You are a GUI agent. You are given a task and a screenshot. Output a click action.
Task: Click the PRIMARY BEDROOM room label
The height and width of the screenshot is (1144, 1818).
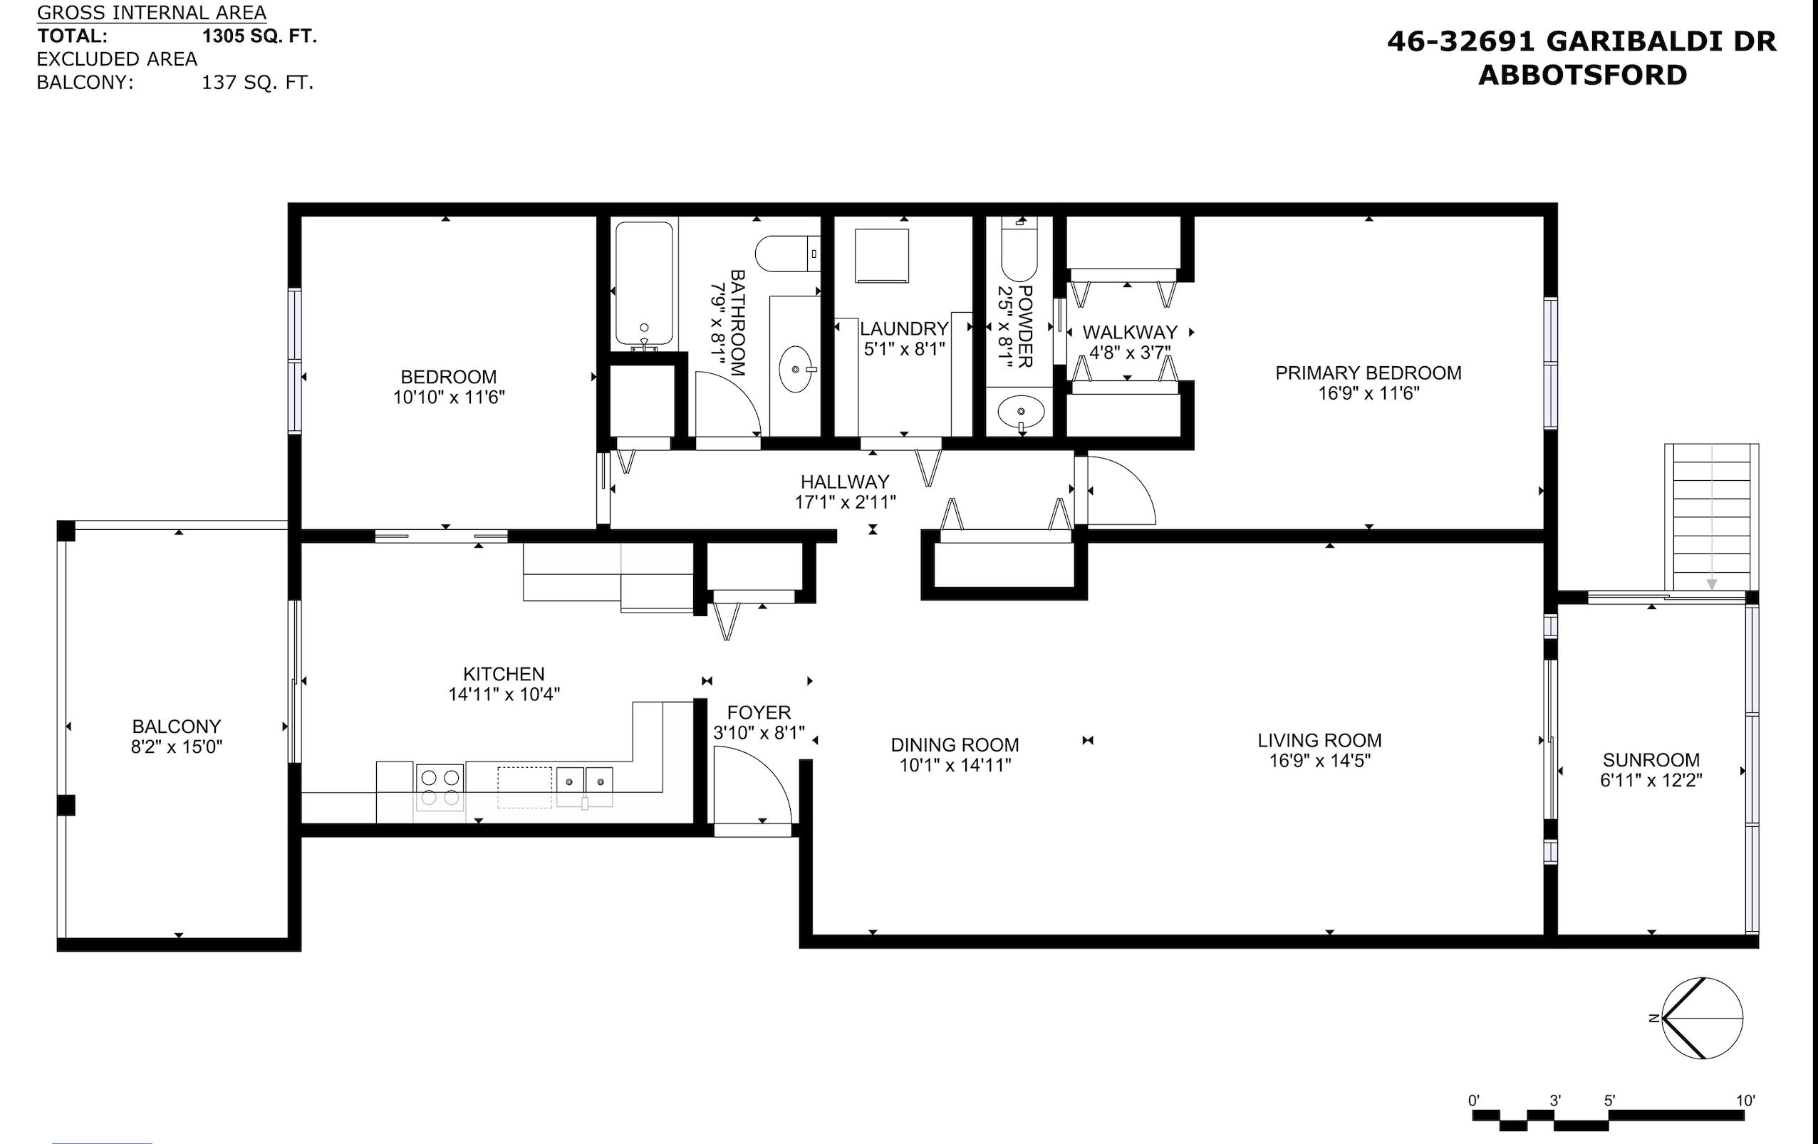(1368, 373)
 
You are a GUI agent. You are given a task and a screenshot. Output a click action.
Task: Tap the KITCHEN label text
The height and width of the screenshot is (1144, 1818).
(504, 674)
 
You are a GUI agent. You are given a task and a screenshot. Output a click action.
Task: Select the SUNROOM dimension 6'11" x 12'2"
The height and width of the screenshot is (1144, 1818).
(1651, 780)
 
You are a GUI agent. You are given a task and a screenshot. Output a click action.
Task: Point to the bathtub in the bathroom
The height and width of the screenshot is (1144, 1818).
(643, 286)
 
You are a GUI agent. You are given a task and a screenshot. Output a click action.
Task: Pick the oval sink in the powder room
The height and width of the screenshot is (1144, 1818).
(1021, 412)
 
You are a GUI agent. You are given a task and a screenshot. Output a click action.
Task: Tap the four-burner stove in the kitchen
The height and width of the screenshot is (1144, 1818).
(440, 788)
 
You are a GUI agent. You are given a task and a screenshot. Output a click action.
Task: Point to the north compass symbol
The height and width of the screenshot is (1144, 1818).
(1702, 1018)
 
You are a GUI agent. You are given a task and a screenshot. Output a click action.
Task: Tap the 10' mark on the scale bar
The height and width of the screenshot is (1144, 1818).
(1745, 1101)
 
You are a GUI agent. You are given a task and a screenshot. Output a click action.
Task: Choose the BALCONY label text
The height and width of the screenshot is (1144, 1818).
(177, 727)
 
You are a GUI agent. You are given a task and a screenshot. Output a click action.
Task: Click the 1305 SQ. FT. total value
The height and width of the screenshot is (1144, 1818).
(259, 36)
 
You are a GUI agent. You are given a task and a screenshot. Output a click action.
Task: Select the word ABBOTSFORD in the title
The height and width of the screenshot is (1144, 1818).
(1582, 76)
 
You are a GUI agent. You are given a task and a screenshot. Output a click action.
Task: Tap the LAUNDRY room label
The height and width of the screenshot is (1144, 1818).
(904, 328)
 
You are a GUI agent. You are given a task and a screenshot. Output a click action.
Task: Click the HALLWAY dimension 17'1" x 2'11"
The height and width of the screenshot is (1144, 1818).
(845, 501)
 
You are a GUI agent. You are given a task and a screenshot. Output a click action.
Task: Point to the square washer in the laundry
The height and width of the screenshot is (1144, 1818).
(882, 255)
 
